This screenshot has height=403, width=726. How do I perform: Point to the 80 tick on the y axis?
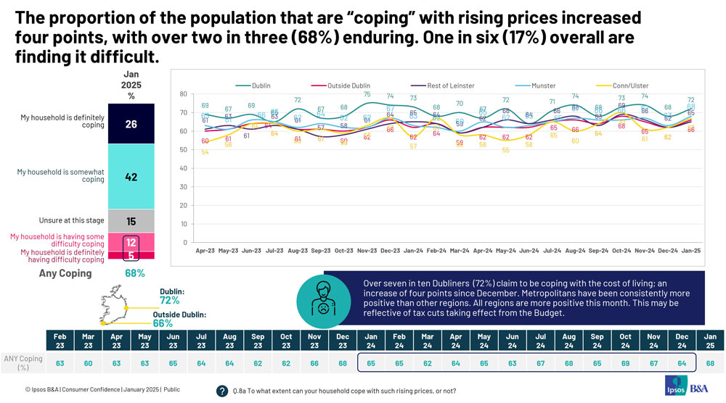184,94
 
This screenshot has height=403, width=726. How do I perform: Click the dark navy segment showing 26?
131,124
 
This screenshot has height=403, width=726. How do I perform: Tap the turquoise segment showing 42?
131,177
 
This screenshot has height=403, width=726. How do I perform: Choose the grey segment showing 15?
131,221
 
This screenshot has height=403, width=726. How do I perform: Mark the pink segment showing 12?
131,241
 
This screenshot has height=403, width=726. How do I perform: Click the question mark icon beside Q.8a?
223,391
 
